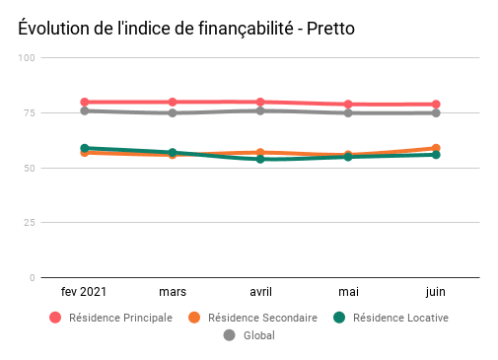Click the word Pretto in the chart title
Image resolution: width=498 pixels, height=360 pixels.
tap(328, 29)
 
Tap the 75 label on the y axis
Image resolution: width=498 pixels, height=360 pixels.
tap(30, 113)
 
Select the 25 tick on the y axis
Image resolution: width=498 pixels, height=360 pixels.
tap(30, 223)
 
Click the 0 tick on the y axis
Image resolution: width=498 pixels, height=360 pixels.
tap(33, 278)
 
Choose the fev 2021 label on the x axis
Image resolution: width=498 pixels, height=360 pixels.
tap(85, 292)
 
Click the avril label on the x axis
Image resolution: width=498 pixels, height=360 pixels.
tap(260, 292)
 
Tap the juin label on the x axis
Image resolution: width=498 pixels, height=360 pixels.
tap(435, 292)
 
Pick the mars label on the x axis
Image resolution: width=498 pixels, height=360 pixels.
tap(173, 292)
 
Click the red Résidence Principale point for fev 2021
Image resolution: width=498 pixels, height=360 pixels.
tap(85, 103)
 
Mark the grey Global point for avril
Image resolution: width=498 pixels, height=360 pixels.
tap(260, 110)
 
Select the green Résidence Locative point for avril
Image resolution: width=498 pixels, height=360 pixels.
tap(260, 159)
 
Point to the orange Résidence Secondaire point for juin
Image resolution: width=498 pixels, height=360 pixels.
tap(435, 148)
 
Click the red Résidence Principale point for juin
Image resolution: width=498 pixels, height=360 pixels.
tap(435, 105)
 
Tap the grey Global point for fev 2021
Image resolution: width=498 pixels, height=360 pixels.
tap(85, 110)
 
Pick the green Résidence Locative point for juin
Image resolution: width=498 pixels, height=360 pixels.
tap(435, 155)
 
